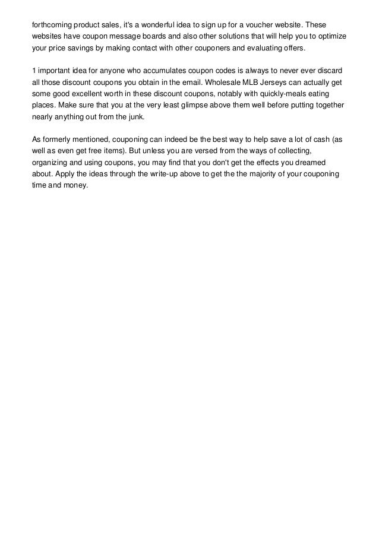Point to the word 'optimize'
pyautogui.click(x=330, y=36)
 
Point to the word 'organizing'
pyautogui.click(x=50, y=163)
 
